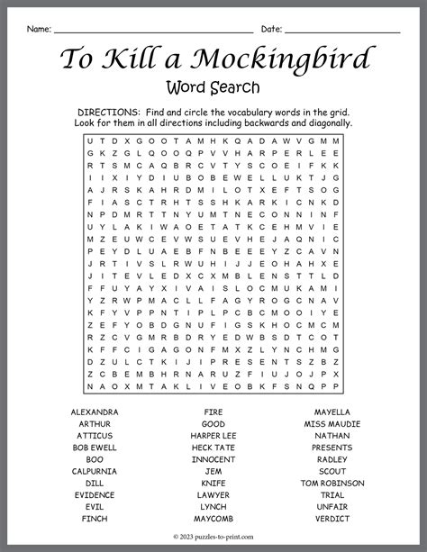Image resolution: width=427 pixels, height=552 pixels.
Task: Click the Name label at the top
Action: [38, 30]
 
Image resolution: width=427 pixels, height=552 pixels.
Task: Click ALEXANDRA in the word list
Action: [95, 412]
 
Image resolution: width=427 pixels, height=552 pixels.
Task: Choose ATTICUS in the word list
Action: [95, 435]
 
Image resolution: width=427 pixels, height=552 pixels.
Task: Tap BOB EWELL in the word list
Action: [95, 448]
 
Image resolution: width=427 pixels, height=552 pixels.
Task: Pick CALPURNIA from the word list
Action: [95, 471]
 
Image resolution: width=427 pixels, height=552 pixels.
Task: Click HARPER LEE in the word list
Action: [213, 435]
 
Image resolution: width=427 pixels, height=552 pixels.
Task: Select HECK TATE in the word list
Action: [213, 448]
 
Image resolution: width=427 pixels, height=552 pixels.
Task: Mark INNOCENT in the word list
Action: [213, 459]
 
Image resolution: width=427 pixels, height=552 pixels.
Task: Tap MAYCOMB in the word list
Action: [213, 519]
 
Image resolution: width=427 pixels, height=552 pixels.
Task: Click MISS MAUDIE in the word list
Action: [332, 423]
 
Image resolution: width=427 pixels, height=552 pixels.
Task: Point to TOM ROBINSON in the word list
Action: [332, 483]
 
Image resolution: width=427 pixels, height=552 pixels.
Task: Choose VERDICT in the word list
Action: [332, 519]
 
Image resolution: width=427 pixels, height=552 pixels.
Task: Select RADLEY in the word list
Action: [332, 459]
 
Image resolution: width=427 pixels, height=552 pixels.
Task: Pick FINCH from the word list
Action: [95, 519]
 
